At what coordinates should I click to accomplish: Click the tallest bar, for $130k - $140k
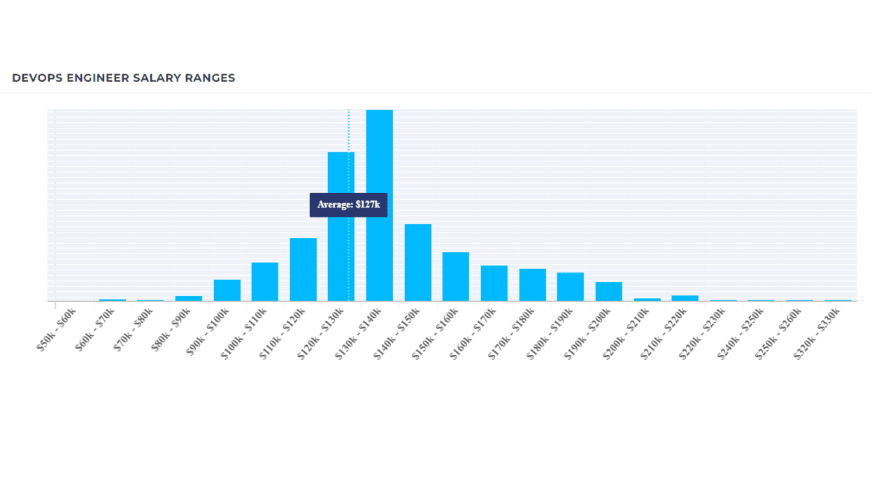[380, 205]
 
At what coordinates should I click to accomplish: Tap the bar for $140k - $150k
[417, 263]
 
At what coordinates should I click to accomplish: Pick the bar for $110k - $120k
[303, 270]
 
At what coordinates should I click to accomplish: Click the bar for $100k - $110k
[265, 282]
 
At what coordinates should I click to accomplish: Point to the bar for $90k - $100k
[227, 291]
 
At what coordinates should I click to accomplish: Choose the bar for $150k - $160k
[456, 277]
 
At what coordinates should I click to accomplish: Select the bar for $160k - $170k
[494, 283]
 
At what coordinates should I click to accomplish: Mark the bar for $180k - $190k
[571, 286]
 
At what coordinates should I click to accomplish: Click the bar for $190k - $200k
[608, 291]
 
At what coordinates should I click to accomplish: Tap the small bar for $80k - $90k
[189, 298]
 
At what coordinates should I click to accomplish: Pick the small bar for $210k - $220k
[685, 298]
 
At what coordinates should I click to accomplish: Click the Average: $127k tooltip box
[348, 205]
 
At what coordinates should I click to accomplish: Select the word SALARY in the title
[157, 78]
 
